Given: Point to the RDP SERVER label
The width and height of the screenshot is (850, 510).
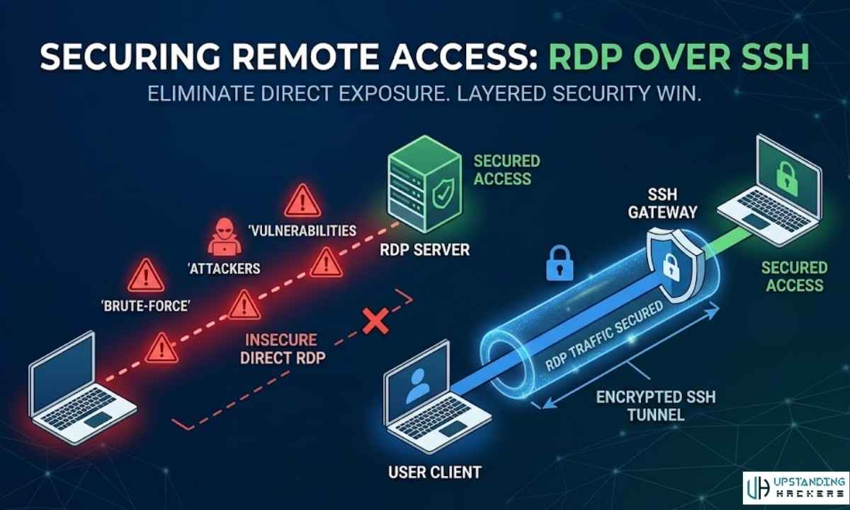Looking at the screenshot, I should (424, 250).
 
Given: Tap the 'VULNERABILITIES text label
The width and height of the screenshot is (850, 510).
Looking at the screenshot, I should (302, 231).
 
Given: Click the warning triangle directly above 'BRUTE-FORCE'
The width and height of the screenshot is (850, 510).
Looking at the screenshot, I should (144, 273).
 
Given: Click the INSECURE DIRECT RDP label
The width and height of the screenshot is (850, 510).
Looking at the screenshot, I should (283, 348).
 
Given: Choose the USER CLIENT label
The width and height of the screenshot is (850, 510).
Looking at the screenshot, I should (434, 471).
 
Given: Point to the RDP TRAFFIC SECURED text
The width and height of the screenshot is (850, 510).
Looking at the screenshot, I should (606, 334).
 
